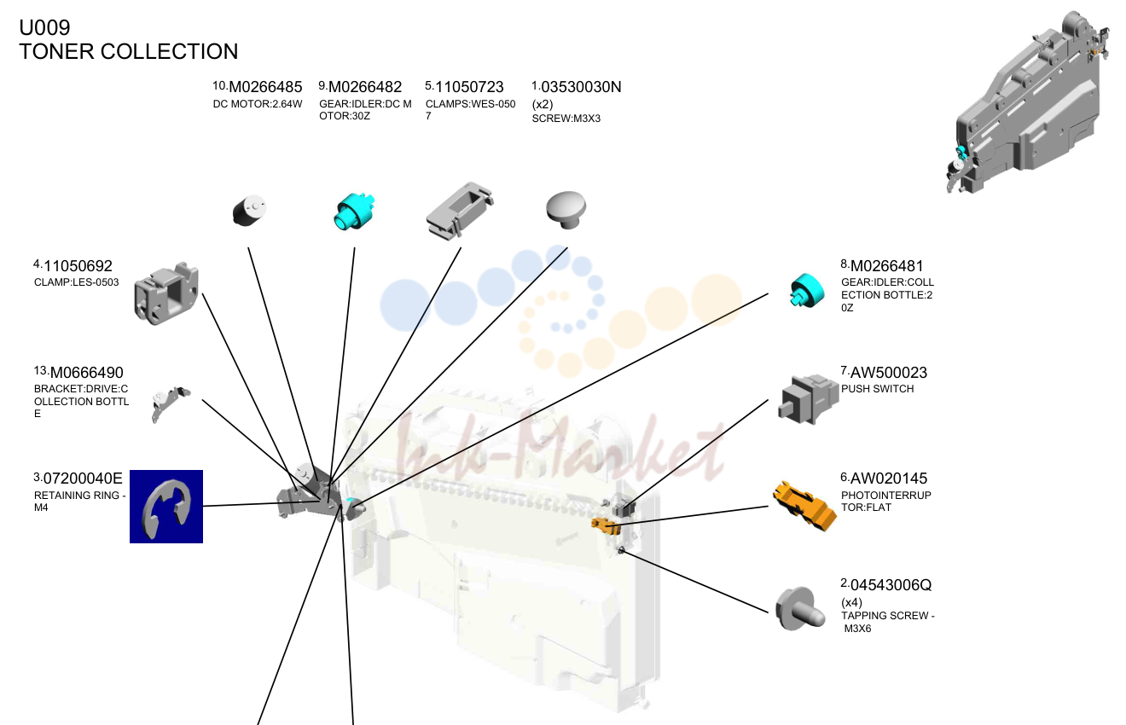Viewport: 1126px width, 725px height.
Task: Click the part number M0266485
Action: click(265, 87)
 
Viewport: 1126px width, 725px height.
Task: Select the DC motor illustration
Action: click(249, 211)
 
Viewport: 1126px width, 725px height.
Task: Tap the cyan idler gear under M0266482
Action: click(354, 212)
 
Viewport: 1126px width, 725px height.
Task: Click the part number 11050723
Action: click(469, 87)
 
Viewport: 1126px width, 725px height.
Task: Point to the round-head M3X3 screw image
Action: click(566, 210)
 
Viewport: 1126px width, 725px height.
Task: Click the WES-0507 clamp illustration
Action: click(460, 212)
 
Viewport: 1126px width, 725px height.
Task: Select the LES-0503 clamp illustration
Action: click(166, 293)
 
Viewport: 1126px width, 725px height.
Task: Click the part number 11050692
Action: click(78, 266)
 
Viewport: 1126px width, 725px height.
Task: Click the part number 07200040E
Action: click(83, 478)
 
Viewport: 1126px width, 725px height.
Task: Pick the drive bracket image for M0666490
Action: click(171, 404)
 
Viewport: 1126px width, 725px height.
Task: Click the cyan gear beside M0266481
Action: click(807, 291)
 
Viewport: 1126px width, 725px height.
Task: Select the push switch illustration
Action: click(808, 400)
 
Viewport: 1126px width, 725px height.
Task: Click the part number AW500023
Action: click(889, 373)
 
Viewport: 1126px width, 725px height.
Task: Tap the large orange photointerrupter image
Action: click(804, 506)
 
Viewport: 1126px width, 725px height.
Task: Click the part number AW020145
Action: click(889, 478)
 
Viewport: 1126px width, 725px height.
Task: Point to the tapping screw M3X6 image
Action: click(800, 609)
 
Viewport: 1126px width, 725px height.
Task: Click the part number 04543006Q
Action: click(891, 585)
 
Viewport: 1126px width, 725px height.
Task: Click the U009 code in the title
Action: click(44, 28)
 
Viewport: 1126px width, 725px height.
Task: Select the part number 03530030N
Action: click(581, 87)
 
